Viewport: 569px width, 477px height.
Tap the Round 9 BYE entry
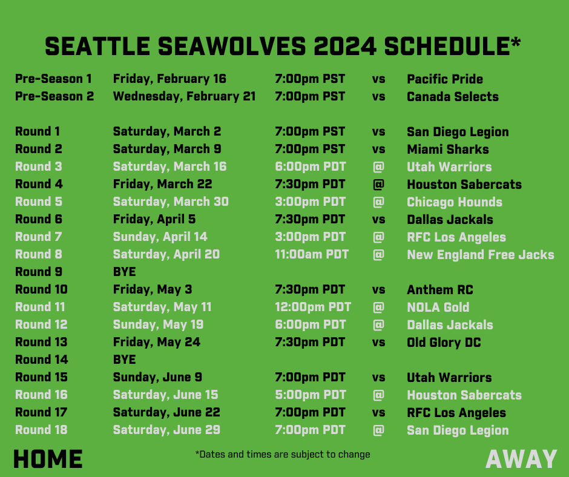(x=124, y=272)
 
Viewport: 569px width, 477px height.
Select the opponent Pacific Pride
(x=445, y=79)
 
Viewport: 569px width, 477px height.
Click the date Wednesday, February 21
(x=184, y=96)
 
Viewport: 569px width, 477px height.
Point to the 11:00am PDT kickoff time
(x=312, y=254)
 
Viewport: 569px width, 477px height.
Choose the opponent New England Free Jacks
(x=480, y=254)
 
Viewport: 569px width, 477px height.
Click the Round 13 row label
(x=41, y=342)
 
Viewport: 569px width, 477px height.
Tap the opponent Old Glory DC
(x=444, y=342)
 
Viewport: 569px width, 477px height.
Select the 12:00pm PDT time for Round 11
(x=313, y=307)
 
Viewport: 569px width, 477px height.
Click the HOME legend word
(x=48, y=459)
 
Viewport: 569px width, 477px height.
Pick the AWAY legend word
(x=521, y=459)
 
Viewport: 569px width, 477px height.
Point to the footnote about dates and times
(x=283, y=454)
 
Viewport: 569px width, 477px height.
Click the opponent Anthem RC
(x=440, y=289)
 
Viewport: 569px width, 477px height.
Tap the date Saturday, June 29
(x=166, y=430)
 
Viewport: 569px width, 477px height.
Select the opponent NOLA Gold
(x=438, y=307)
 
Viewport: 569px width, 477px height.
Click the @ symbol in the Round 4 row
(x=378, y=184)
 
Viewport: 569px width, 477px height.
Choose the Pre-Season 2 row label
(x=54, y=96)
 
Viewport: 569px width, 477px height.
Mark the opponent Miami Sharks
(x=448, y=149)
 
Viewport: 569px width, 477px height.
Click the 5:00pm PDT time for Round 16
(x=311, y=395)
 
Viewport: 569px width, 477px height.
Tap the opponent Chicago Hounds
(x=455, y=202)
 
